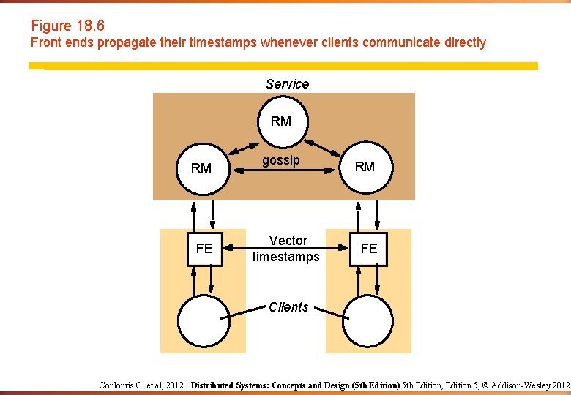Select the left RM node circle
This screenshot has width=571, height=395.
click(x=201, y=168)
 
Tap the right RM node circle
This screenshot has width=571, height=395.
click(x=365, y=167)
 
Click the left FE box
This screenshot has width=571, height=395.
click(x=204, y=249)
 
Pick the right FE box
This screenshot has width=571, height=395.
click(x=369, y=249)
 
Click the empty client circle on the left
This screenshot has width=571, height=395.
click(x=204, y=320)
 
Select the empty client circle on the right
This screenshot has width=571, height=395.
click(x=368, y=320)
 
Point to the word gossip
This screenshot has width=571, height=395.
click(x=281, y=160)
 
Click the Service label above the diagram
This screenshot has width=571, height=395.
click(x=287, y=84)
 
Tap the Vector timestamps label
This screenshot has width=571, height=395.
click(x=286, y=249)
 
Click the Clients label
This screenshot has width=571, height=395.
click(x=288, y=307)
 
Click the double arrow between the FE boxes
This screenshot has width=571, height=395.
click(x=286, y=249)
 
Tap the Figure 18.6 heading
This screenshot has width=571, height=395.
click(x=67, y=26)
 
